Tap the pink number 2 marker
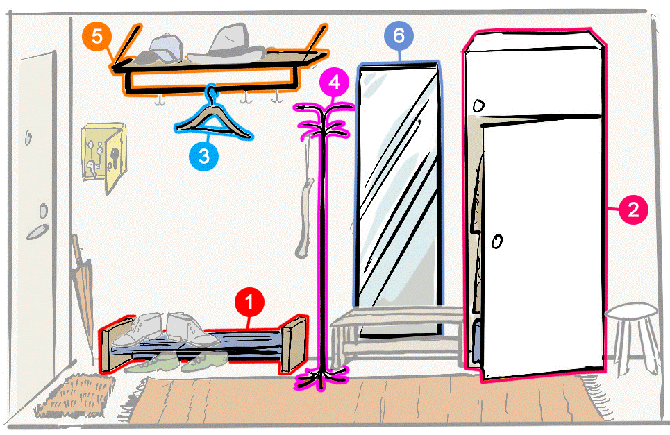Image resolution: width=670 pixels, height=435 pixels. (x=633, y=210)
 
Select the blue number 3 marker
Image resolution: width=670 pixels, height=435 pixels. (x=203, y=156)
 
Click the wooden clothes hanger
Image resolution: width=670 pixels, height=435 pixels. (x=213, y=119)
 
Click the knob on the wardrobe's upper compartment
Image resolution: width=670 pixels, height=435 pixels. (x=478, y=106)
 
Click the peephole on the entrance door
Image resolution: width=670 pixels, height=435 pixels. (x=28, y=137)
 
